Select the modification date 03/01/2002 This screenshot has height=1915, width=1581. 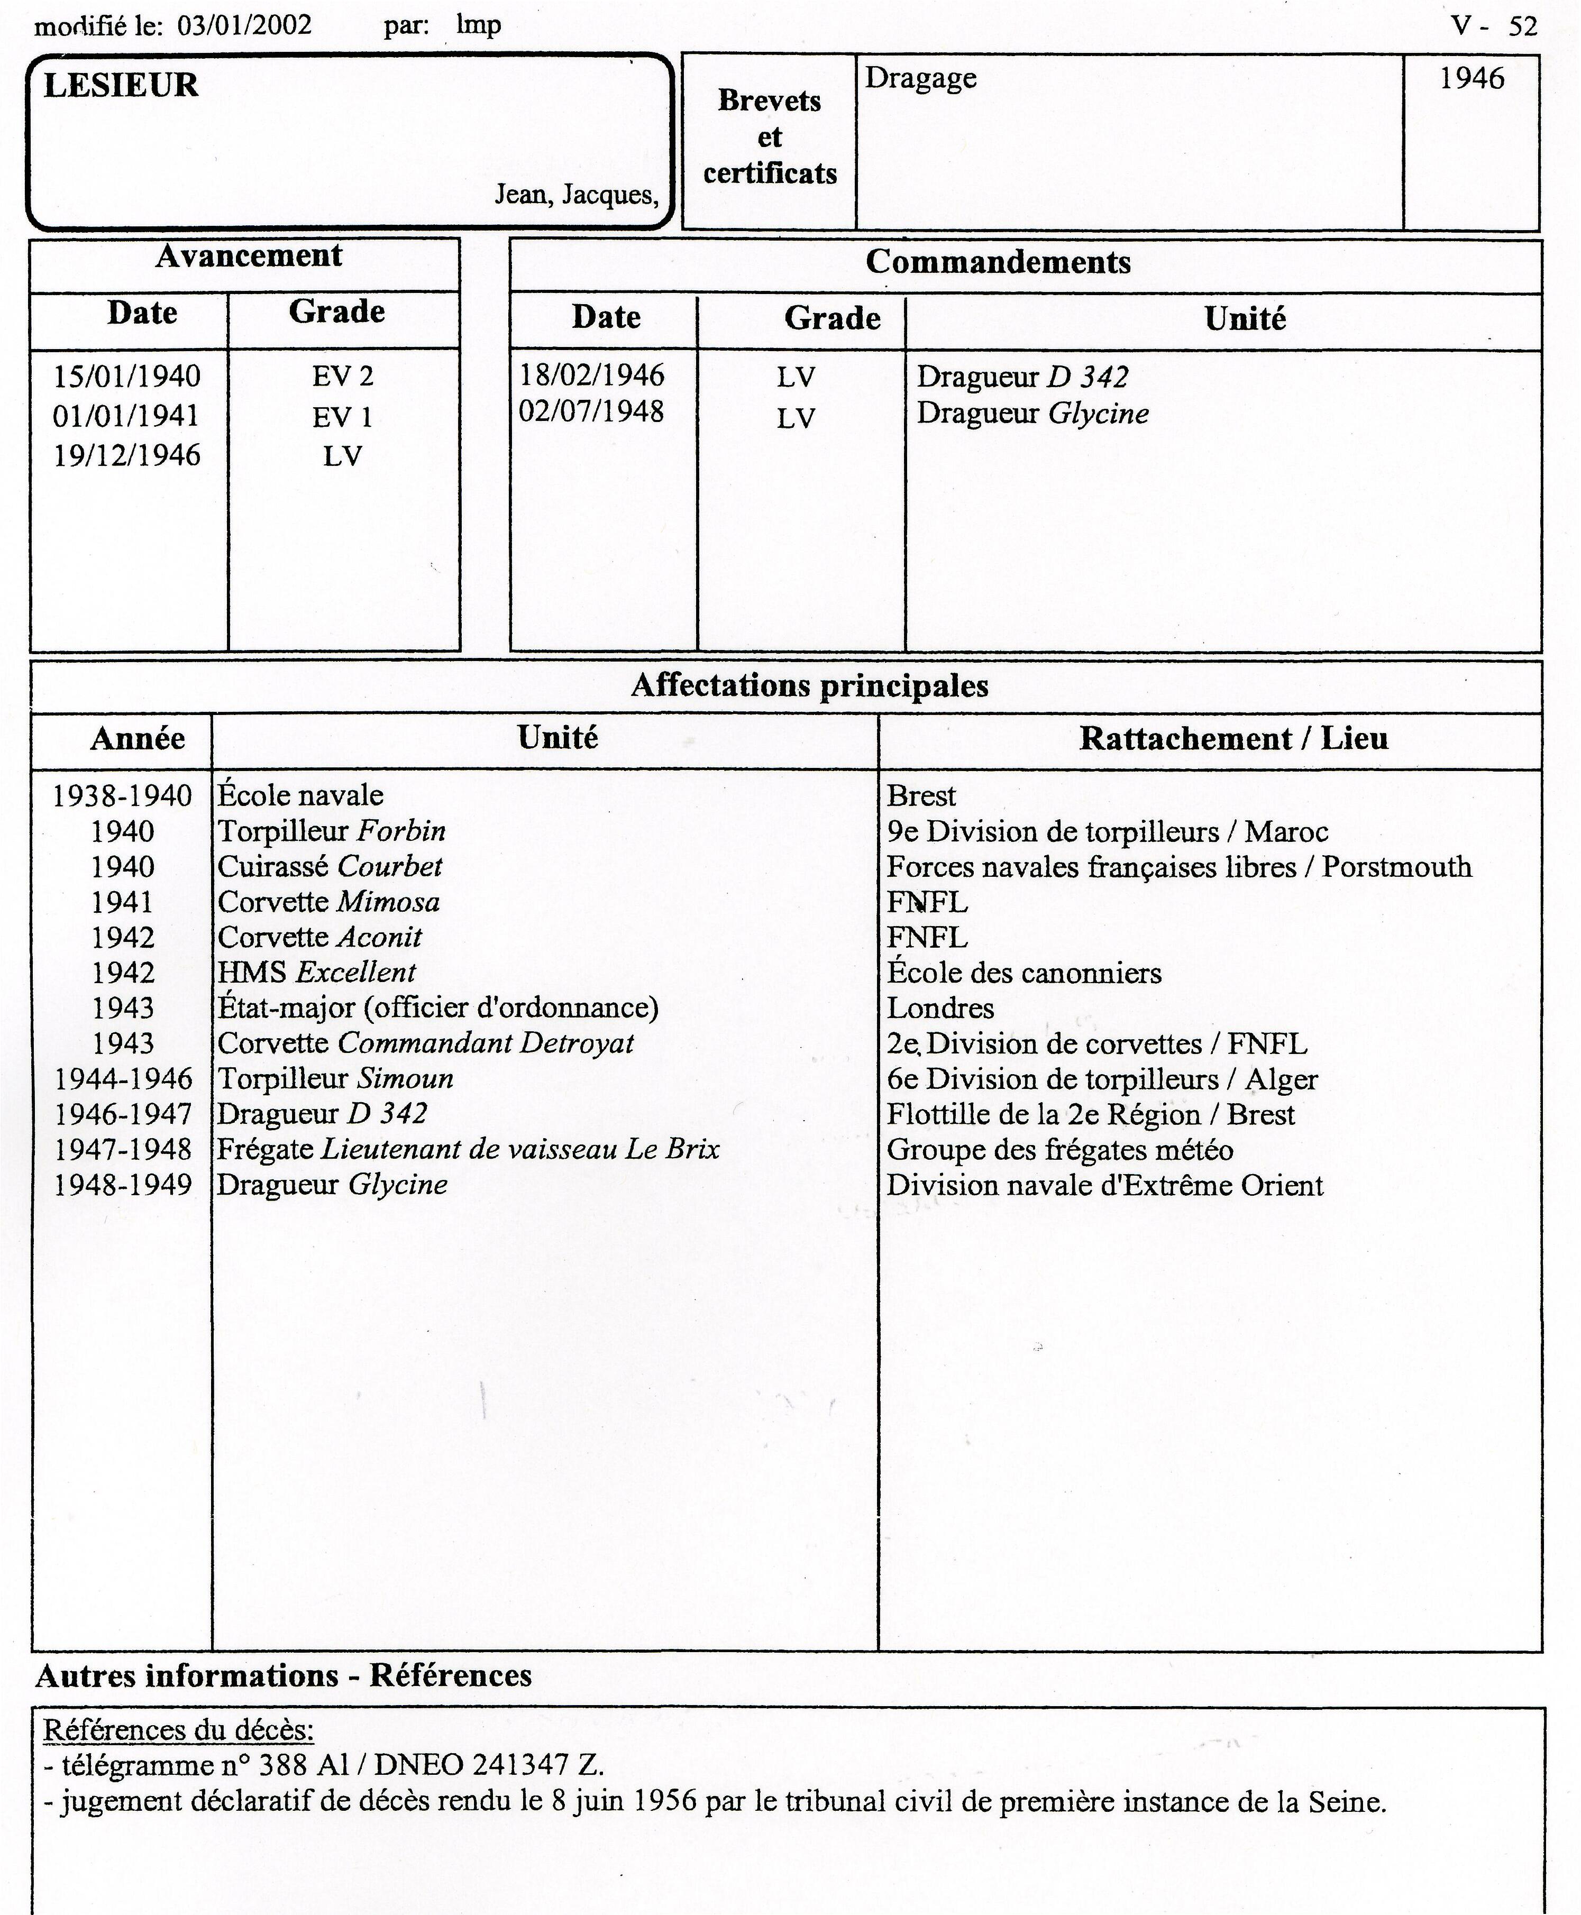[244, 24]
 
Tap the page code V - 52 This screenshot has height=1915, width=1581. [1494, 25]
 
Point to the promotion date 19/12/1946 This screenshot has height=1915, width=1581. [126, 455]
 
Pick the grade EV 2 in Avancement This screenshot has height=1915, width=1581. [342, 376]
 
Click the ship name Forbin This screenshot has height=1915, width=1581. [401, 831]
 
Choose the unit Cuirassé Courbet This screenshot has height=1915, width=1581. [330, 867]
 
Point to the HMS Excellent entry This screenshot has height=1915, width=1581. [316, 973]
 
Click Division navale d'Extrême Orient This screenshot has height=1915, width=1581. [1105, 1186]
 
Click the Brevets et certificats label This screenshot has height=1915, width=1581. [770, 136]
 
